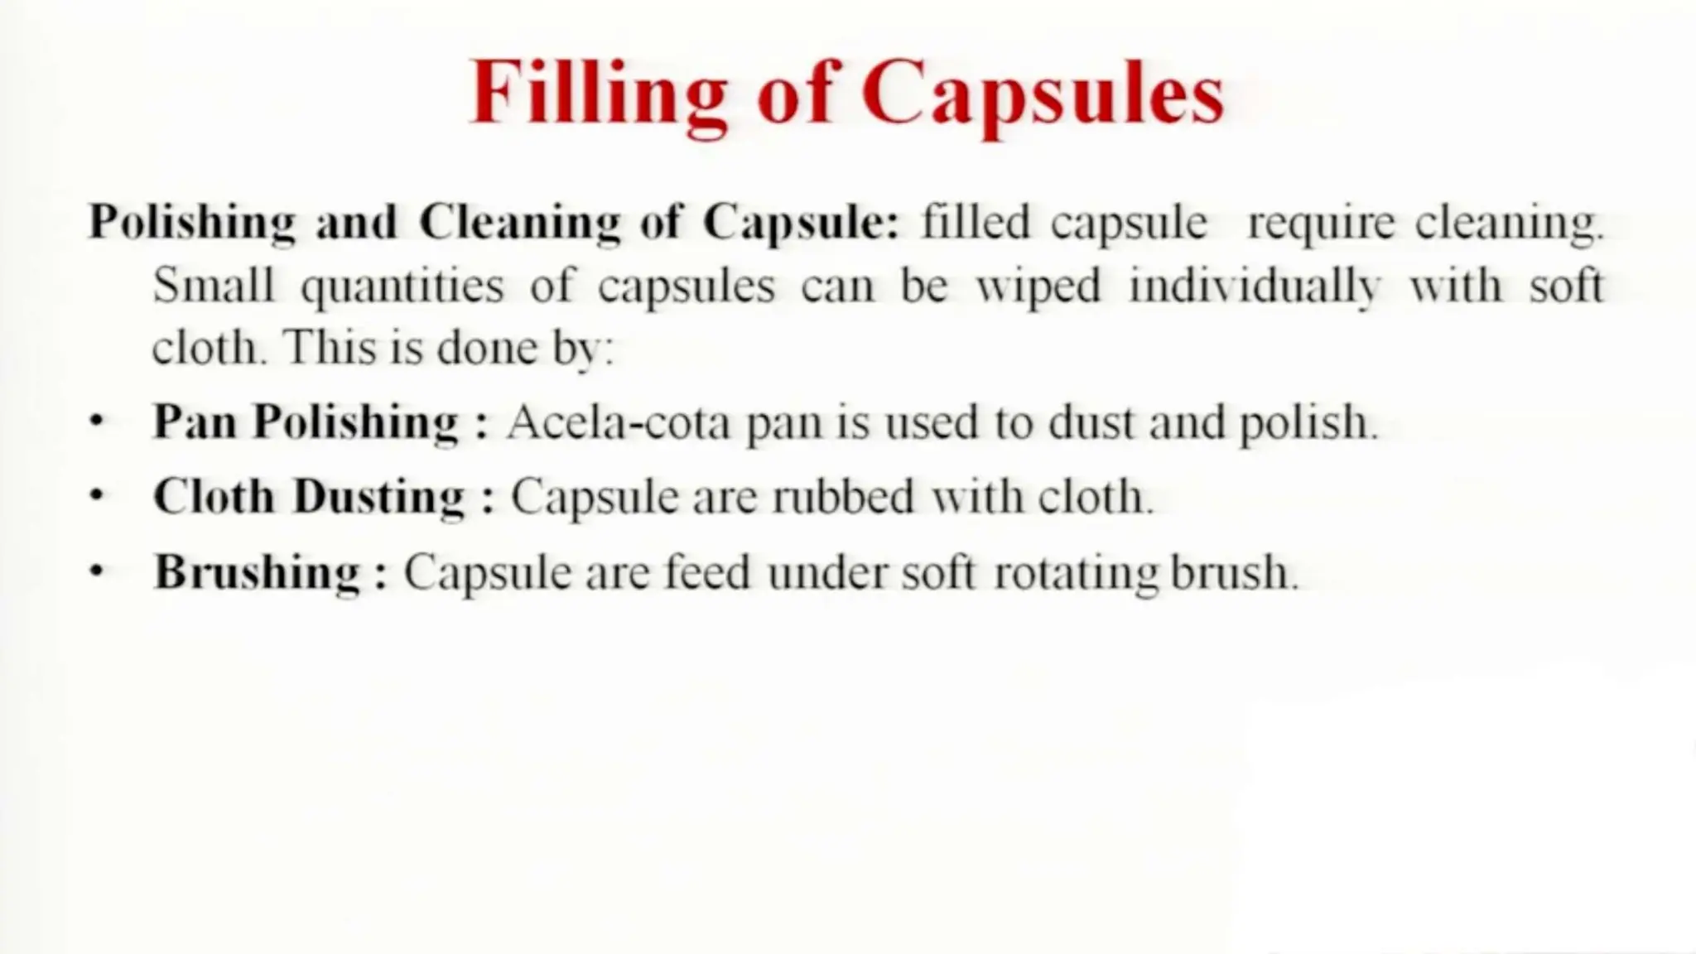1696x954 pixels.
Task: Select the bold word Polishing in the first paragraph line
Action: pos(191,223)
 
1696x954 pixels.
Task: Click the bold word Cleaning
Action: pos(519,223)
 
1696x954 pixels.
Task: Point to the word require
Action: pos(1320,223)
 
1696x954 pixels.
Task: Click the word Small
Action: pos(213,286)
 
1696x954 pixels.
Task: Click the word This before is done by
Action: pos(329,348)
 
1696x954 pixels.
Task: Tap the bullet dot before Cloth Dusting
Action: pos(98,495)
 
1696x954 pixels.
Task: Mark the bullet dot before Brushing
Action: pos(98,571)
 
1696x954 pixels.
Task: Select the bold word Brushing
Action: pos(258,572)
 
